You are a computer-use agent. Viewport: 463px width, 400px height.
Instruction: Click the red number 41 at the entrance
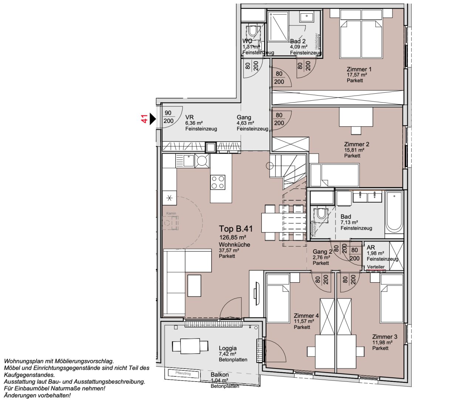pyautogui.click(x=145, y=119)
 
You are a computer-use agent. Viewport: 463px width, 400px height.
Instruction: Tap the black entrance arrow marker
pyautogui.click(x=152, y=119)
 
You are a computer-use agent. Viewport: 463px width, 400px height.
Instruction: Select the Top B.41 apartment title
pyautogui.click(x=236, y=229)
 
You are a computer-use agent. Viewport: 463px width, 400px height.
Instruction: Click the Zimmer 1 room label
pyautogui.click(x=359, y=69)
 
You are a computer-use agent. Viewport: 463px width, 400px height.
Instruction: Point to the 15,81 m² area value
pyautogui.click(x=354, y=150)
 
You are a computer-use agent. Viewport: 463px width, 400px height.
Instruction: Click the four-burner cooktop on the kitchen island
pyautogui.click(x=217, y=182)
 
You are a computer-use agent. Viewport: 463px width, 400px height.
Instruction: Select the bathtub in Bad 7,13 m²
pyautogui.click(x=394, y=211)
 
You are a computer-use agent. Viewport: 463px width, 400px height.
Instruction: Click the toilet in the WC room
pyautogui.click(x=253, y=30)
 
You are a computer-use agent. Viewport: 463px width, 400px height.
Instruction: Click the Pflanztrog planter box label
pyautogui.click(x=183, y=373)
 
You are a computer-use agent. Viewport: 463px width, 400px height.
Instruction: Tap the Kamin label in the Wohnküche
pyautogui.click(x=171, y=213)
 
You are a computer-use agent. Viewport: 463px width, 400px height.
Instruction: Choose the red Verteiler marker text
pyautogui.click(x=376, y=267)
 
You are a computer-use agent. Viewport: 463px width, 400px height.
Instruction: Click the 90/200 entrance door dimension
pyautogui.click(x=168, y=117)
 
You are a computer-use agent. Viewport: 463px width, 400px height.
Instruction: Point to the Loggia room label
pyautogui.click(x=227, y=348)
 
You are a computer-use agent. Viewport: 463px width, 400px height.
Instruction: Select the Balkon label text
pyautogui.click(x=220, y=374)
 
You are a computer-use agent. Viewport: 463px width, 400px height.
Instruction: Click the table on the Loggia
pyautogui.click(x=190, y=346)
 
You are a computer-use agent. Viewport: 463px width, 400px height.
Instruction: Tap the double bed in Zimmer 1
pyautogui.click(x=361, y=37)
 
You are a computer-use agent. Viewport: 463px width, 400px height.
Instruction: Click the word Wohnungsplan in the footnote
pyautogui.click(x=21, y=361)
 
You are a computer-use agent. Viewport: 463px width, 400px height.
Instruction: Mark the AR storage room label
pyautogui.click(x=371, y=247)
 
